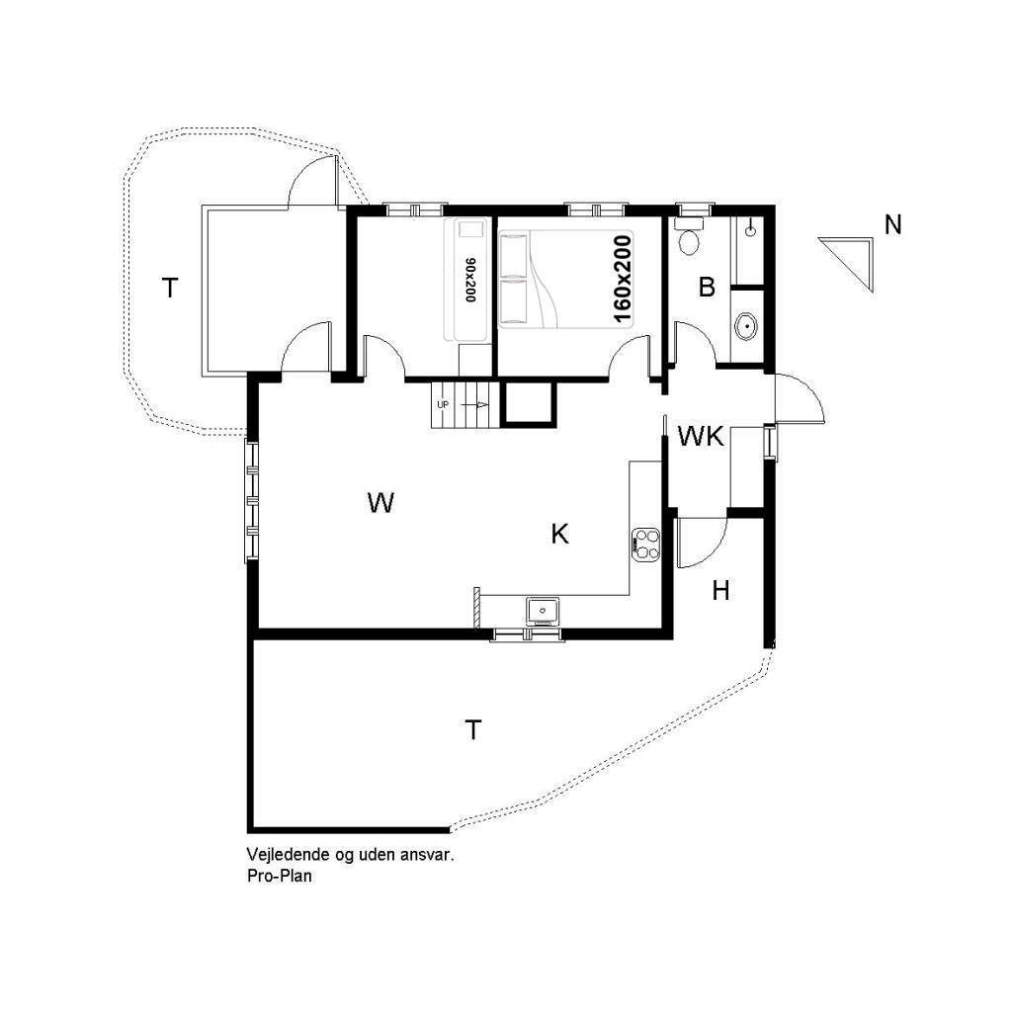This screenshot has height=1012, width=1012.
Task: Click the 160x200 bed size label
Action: pyautogui.click(x=623, y=279)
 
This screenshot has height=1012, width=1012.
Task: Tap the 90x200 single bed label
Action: pyautogui.click(x=469, y=280)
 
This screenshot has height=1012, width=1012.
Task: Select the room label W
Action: pyautogui.click(x=380, y=502)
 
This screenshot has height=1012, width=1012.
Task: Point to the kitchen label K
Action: pyautogui.click(x=559, y=534)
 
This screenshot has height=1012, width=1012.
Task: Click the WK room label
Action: pyautogui.click(x=701, y=437)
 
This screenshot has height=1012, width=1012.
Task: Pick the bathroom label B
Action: pyautogui.click(x=707, y=287)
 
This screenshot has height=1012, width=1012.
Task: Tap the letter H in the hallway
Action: pyautogui.click(x=720, y=590)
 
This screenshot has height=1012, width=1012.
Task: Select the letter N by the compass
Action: pyautogui.click(x=892, y=225)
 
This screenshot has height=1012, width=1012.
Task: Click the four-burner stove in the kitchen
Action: pyautogui.click(x=646, y=543)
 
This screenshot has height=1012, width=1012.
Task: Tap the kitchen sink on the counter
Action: pyautogui.click(x=543, y=610)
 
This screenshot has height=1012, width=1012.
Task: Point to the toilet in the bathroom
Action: pyautogui.click(x=689, y=236)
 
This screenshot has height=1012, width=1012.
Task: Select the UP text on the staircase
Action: pyautogui.click(x=443, y=404)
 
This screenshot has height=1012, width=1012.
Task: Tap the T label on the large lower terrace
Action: pyautogui.click(x=473, y=730)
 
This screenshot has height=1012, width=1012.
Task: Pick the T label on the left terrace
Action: pyautogui.click(x=169, y=288)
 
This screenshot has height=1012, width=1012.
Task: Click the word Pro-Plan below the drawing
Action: pyautogui.click(x=279, y=876)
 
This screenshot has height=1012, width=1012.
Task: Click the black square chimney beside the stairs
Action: pyautogui.click(x=528, y=404)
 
